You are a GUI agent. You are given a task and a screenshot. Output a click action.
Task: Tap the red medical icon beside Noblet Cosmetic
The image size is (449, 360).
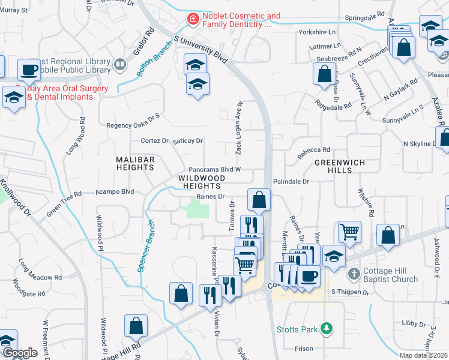point(193,20)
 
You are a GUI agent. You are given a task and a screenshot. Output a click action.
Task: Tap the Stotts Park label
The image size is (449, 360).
point(297,329)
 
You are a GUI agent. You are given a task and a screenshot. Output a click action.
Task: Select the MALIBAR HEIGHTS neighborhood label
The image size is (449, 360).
point(136,164)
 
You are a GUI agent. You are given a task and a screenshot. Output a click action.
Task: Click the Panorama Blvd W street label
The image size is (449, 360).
point(214,170)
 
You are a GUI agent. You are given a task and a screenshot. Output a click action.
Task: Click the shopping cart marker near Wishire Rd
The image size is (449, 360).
point(350,231)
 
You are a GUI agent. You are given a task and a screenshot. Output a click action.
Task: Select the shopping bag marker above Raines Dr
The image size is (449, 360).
point(259,199)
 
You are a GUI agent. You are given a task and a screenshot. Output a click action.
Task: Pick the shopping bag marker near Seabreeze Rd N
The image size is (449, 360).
point(324,74)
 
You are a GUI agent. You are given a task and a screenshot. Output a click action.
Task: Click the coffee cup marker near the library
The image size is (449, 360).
point(29,70)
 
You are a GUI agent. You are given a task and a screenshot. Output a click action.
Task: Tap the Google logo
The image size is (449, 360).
point(20,353)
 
